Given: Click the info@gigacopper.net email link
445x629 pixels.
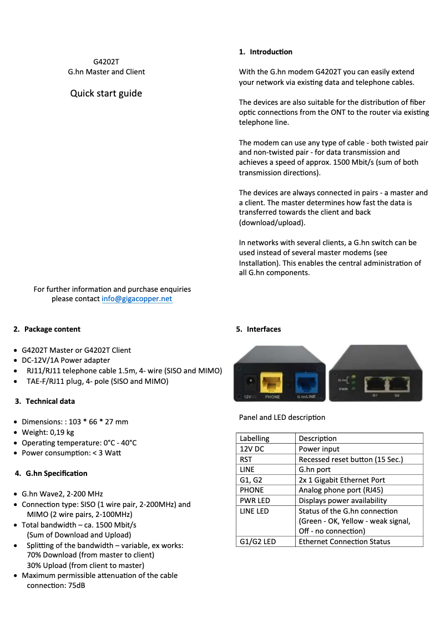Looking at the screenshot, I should click(x=137, y=299).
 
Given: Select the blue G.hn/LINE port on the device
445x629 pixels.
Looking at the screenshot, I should click(x=306, y=382).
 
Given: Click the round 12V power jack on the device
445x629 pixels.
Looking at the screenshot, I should click(x=250, y=382).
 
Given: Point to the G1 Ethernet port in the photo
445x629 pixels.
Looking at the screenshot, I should click(x=375, y=383).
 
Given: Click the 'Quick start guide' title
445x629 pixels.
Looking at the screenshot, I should click(x=106, y=93).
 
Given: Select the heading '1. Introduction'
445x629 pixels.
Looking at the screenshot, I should click(x=266, y=52).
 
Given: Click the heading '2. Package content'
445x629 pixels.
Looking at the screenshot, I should click(x=47, y=329).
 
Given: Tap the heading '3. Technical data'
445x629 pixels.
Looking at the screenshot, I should click(x=45, y=402).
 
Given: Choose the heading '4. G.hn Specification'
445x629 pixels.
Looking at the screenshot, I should click(x=50, y=474).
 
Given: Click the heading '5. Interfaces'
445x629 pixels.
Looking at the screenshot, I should click(x=259, y=329).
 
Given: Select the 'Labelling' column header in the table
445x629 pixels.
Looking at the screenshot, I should click(x=255, y=439).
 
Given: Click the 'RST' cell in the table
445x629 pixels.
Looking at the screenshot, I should click(x=246, y=459).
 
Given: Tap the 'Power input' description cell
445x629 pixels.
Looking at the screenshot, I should click(x=319, y=449).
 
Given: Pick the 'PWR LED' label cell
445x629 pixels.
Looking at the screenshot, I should click(x=255, y=501).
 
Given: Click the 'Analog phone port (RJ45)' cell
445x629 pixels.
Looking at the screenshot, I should click(x=341, y=490).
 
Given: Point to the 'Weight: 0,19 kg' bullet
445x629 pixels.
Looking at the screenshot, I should click(x=48, y=433).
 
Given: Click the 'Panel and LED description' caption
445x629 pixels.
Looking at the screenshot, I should click(x=282, y=418).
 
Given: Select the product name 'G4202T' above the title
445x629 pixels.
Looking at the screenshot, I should click(x=106, y=62).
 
